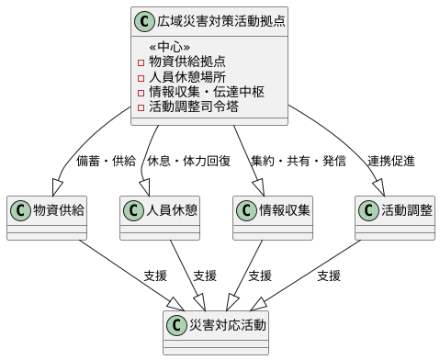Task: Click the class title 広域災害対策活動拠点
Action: (208, 19)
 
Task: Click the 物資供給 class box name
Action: (59, 210)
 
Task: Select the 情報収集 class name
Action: (285, 210)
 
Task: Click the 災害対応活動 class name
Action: (226, 325)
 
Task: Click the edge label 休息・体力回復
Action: (188, 161)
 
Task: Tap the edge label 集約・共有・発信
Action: (299, 161)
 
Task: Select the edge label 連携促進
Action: (391, 161)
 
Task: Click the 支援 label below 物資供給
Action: (155, 276)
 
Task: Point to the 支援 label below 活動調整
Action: (329, 276)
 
